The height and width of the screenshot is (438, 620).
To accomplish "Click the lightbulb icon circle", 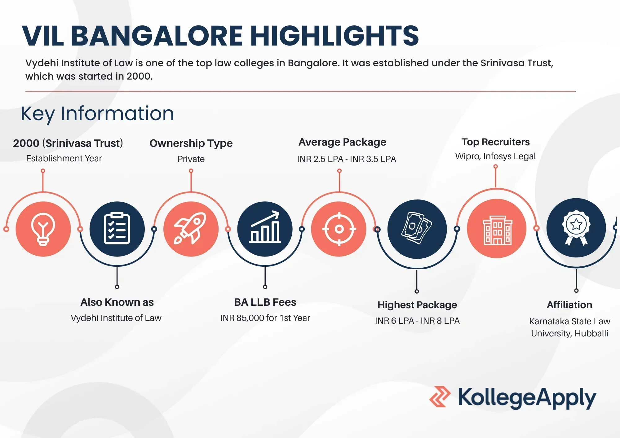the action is coord(43,229).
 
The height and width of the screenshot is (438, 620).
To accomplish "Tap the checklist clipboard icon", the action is coord(117,229).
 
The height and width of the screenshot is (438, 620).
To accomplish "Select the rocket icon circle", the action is coord(191,229).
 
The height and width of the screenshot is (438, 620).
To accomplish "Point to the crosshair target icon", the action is coord(339,229).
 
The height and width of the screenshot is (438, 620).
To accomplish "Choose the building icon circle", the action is coord(497,228).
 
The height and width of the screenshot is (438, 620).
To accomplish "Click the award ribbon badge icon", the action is coord(576,228).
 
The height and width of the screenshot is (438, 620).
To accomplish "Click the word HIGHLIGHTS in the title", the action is coord(334,36).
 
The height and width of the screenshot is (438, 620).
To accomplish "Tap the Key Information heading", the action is coord(97,114).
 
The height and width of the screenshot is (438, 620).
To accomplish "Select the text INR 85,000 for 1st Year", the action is coord(265,318).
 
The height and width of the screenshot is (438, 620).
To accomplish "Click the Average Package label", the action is coord(342,142).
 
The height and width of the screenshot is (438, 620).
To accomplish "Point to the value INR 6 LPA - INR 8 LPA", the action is coord(417,321).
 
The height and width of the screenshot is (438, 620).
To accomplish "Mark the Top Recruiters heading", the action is coord(495,142).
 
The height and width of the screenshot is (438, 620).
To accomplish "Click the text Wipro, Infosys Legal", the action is coord(495,156).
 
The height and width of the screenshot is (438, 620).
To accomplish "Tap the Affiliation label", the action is coord(569,305).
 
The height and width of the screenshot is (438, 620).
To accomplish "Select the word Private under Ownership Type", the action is coord(191,159).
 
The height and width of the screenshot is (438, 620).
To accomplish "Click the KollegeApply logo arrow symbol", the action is coord(440,396).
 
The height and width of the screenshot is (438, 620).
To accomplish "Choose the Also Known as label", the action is coord(117,302).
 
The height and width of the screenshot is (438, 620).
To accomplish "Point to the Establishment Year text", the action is coord(64,159).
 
